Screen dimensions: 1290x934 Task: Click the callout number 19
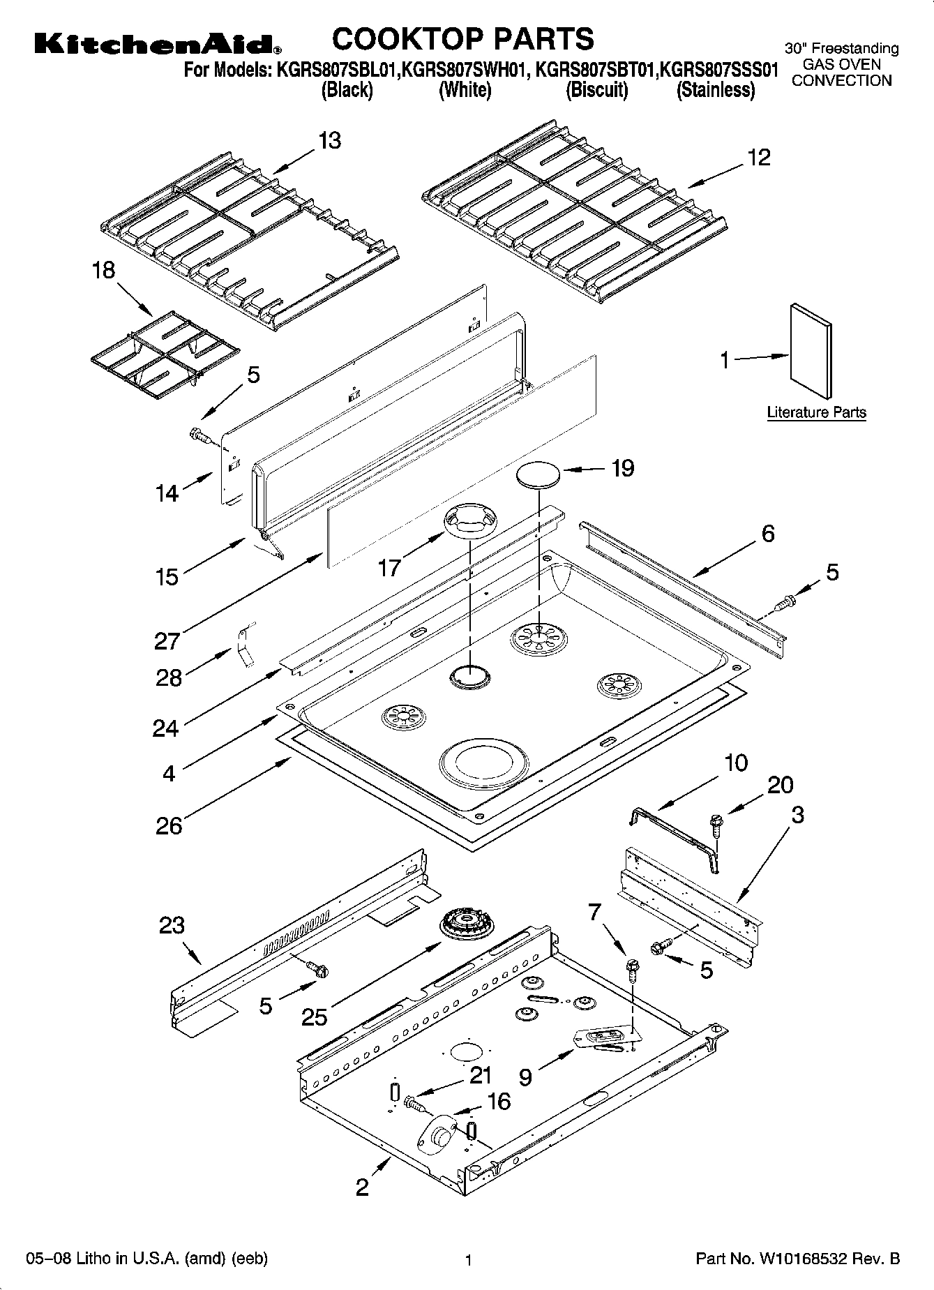coord(623,468)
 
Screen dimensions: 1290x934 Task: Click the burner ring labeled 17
coord(470,520)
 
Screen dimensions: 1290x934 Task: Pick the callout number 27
coord(167,640)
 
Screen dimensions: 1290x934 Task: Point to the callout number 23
coord(172,925)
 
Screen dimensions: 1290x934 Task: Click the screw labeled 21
coord(412,1103)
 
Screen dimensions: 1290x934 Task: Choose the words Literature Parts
coord(816,412)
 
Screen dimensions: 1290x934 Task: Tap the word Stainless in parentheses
coord(716,91)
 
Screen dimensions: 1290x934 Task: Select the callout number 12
coord(759,158)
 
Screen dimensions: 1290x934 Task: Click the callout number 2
coord(362,1187)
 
